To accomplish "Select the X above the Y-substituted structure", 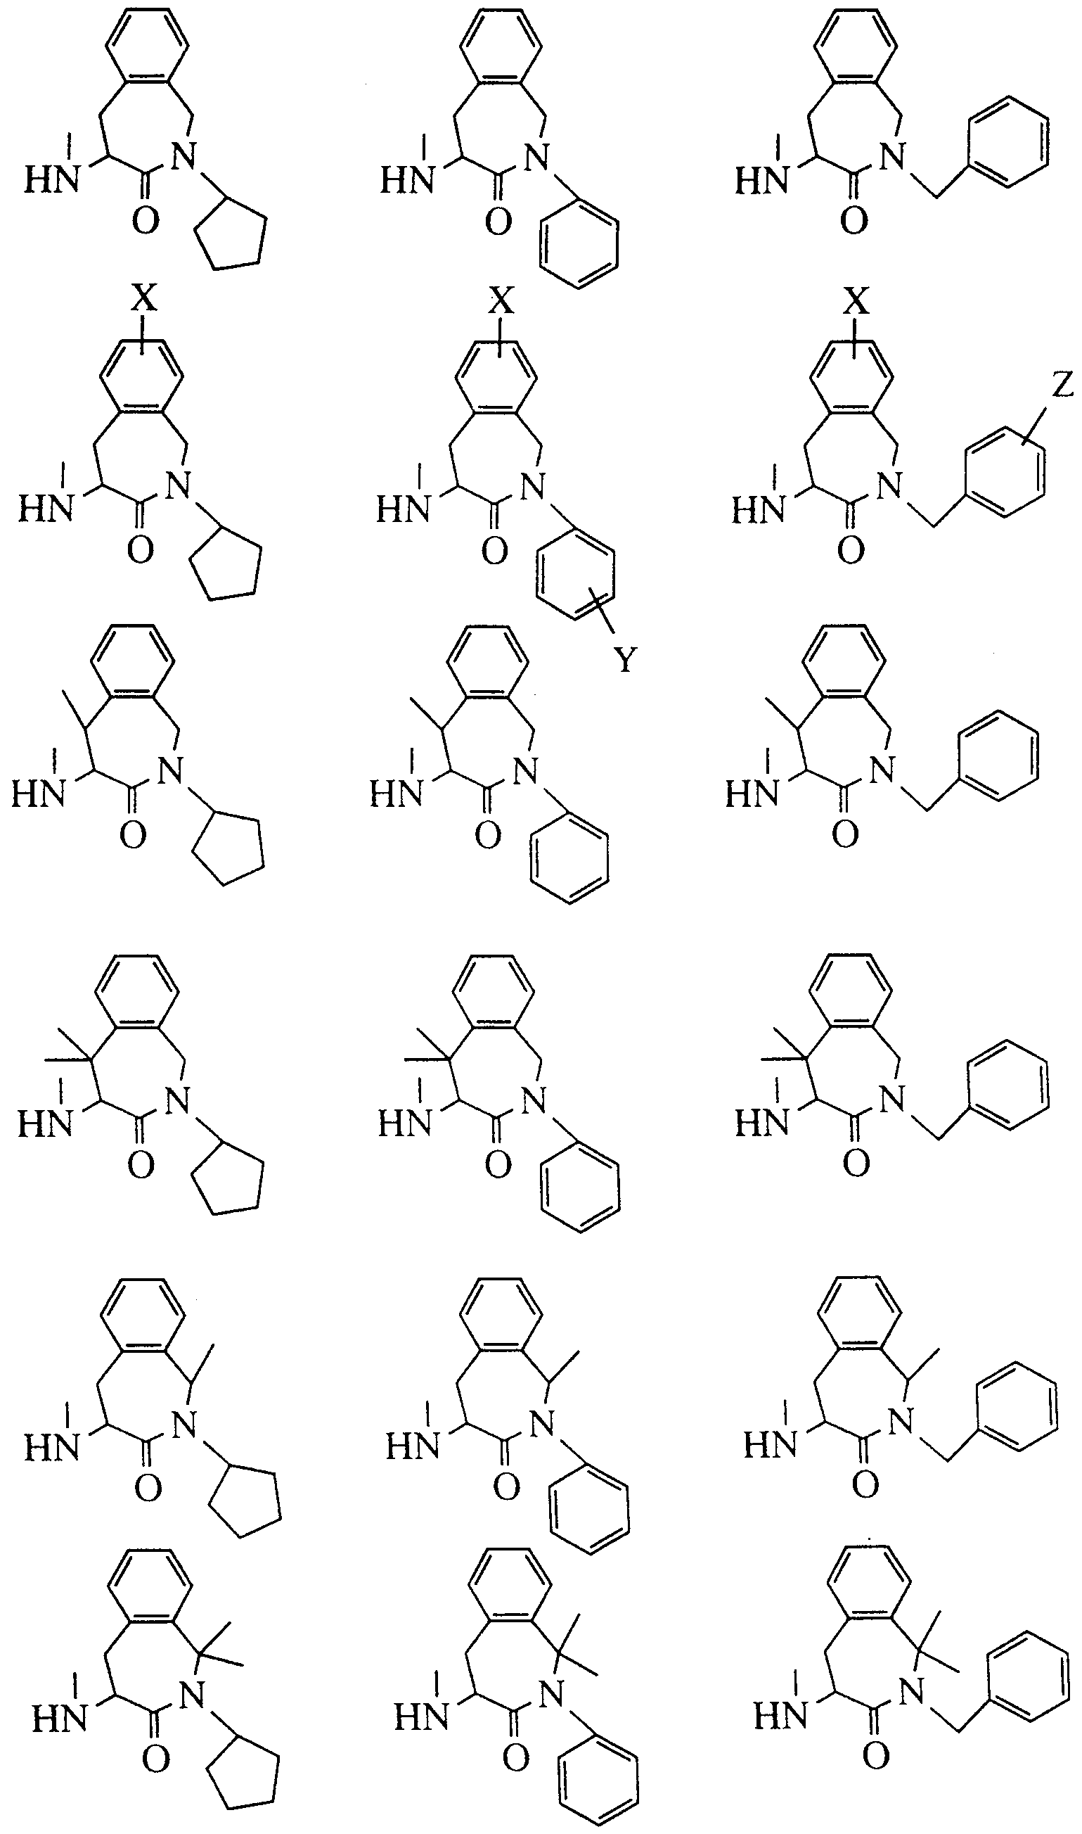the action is pyautogui.click(x=501, y=300).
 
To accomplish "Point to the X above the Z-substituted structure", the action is pyautogui.click(x=858, y=300).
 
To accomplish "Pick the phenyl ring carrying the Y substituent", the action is pyautogui.click(x=575, y=576).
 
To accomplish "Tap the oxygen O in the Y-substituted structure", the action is pyautogui.click(x=494, y=552).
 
